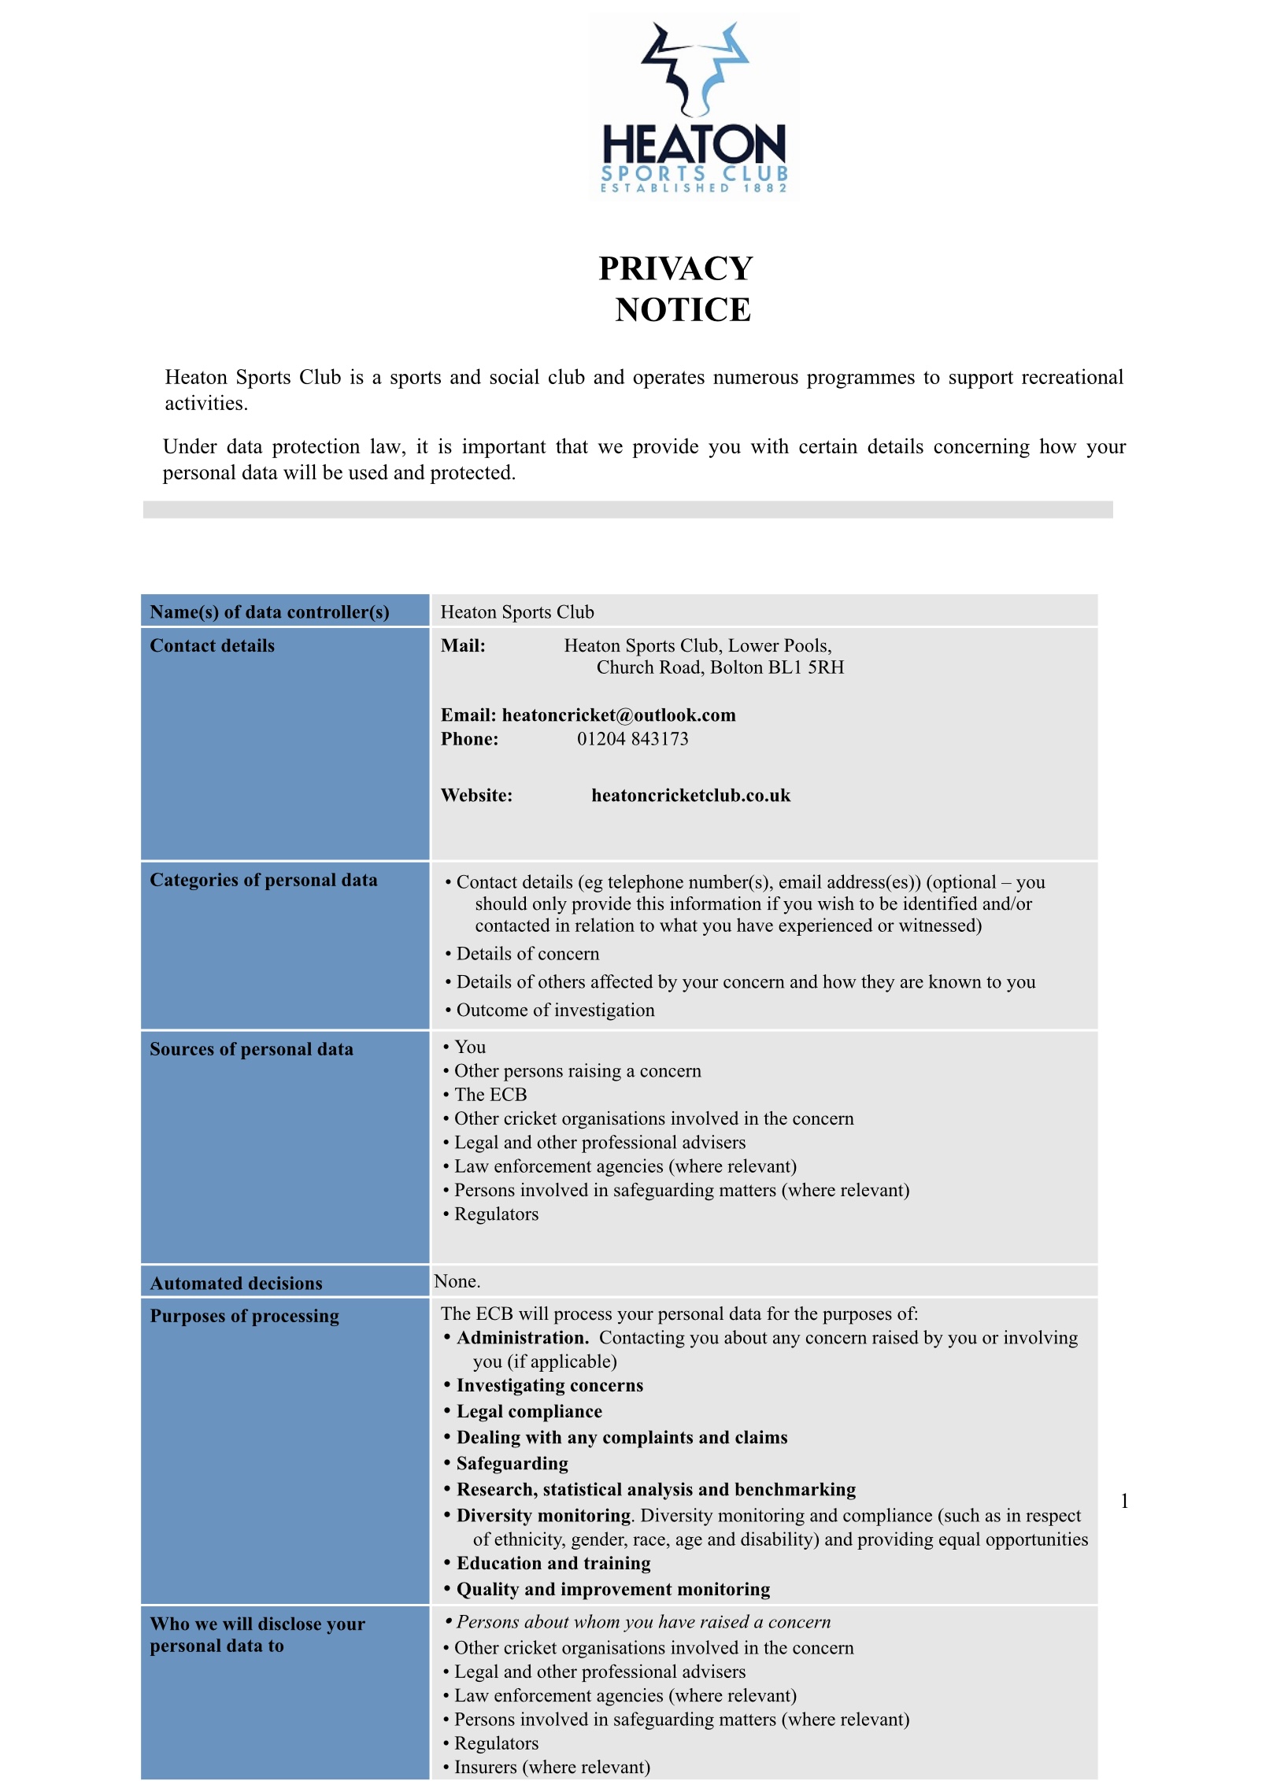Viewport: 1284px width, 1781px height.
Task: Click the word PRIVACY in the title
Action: point(675,268)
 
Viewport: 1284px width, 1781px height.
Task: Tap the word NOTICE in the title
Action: point(683,310)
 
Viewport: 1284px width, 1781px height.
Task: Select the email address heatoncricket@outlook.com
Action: point(619,715)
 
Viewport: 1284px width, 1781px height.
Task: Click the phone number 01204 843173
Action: point(632,739)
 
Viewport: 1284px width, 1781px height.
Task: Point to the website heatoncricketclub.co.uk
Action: point(690,796)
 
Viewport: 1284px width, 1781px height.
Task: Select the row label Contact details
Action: point(212,646)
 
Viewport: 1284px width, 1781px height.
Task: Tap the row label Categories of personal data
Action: point(263,880)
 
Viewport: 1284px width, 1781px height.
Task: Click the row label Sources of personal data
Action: point(251,1049)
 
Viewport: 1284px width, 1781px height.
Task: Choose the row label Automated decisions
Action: point(236,1284)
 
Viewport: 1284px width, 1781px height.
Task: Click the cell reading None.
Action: point(457,1281)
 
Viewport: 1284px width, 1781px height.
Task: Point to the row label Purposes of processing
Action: point(244,1316)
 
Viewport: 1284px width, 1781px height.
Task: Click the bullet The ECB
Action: point(490,1095)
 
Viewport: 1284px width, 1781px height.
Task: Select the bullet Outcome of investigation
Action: point(555,1011)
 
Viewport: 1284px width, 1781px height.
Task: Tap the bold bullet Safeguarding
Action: point(512,1463)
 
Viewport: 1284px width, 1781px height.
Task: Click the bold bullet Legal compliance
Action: point(529,1411)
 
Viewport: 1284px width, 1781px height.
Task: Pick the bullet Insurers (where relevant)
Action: point(552,1767)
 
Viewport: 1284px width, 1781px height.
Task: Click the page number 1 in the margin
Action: point(1124,1501)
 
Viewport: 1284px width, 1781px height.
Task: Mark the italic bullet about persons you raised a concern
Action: point(642,1622)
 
